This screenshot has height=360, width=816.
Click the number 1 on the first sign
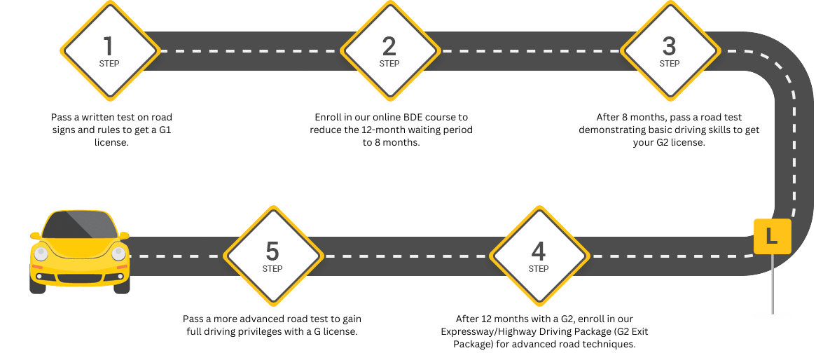coord(108,46)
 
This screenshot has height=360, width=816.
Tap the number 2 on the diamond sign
coord(389,46)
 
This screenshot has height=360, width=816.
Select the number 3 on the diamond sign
coord(669,46)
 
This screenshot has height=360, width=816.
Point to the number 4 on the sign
coord(538,251)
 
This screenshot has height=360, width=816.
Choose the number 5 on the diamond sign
coord(272,251)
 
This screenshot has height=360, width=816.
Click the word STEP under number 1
coord(109,64)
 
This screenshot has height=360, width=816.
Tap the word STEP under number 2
coord(389,64)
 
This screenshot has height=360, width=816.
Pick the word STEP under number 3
coord(670,64)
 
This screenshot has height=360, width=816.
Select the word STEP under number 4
coord(539,269)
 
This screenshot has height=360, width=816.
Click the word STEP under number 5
coord(272,269)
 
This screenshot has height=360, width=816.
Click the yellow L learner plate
coord(772,237)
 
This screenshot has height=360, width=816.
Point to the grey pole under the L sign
coord(773,284)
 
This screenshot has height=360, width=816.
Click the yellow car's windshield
coord(79,225)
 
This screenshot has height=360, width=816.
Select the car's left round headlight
coord(41,254)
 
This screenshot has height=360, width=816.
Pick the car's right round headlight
coord(118,254)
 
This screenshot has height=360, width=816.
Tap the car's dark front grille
coord(79,278)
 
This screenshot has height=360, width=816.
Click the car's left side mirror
coord(34,235)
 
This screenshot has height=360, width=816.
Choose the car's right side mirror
coord(125,235)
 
